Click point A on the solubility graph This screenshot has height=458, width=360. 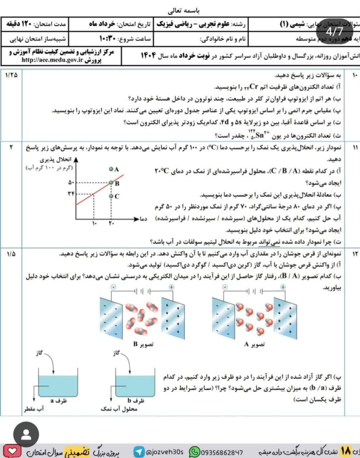click(x=111, y=169)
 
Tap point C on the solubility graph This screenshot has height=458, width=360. click(x=111, y=196)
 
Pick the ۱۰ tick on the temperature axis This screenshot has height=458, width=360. click(x=94, y=224)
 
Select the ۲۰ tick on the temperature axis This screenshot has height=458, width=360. click(x=111, y=224)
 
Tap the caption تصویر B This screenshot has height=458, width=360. click(x=143, y=344)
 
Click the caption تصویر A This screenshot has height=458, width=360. click(x=254, y=344)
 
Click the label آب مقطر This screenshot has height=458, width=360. click(x=34, y=409)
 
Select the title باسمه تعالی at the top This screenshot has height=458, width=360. click(x=180, y=10)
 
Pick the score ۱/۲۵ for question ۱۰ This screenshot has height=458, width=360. click(x=12, y=75)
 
